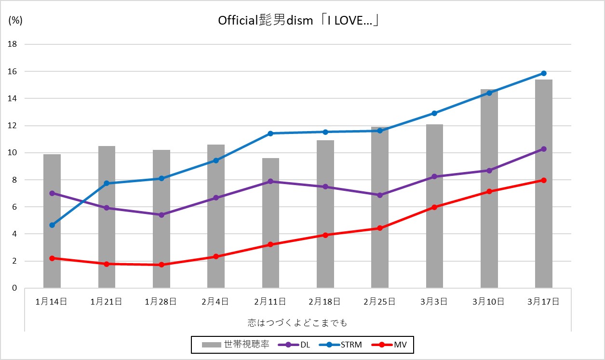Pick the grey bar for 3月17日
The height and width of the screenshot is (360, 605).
(x=543, y=183)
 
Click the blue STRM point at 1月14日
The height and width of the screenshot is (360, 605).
(x=52, y=225)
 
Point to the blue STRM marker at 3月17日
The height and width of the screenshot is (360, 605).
(x=543, y=73)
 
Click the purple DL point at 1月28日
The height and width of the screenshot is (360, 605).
(x=161, y=215)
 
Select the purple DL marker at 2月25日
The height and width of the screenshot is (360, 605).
(x=380, y=195)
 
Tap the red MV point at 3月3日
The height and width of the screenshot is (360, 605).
(x=434, y=207)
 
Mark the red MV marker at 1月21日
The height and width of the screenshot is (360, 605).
(x=107, y=264)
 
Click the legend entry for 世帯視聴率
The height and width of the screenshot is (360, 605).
(x=236, y=345)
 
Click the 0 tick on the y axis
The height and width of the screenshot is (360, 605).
(x=14, y=288)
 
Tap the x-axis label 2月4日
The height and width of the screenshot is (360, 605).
(x=216, y=302)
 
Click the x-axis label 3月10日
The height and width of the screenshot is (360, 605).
(x=489, y=302)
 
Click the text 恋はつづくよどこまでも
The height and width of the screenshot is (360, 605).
(x=297, y=321)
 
